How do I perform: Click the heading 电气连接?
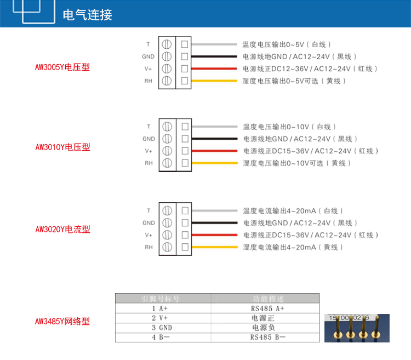coord(88,15)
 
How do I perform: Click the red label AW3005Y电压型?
coord(62,67)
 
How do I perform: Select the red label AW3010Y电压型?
coord(62,147)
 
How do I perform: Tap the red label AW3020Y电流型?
coord(62,229)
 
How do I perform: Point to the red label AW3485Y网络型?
coord(62,321)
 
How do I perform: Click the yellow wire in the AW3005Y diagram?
coord(214,81)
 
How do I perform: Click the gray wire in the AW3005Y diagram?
coord(214,44)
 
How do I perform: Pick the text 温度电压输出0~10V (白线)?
coord(289,127)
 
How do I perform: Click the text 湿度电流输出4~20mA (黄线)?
coord(293,247)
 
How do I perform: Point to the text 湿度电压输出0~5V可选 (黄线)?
coord(294,81)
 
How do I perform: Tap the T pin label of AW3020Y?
coord(149,211)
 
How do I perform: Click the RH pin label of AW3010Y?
coord(149,163)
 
